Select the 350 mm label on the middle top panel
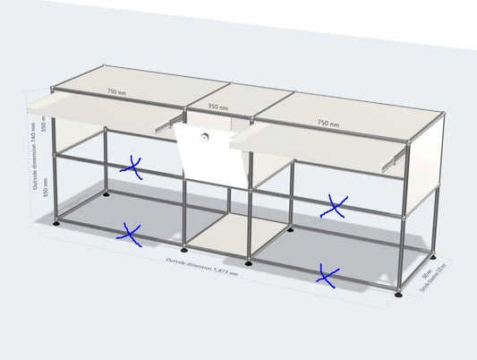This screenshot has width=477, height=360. pyautogui.click(x=218, y=107)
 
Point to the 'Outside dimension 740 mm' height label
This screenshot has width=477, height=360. pyautogui.click(x=35, y=157)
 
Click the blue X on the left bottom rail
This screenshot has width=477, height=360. pyautogui.click(x=130, y=235)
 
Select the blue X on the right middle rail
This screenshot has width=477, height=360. pyautogui.click(x=334, y=208)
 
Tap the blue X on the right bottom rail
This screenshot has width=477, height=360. pyautogui.click(x=328, y=277)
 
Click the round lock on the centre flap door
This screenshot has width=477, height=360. pyautogui.click(x=205, y=139)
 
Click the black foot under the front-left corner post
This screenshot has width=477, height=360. pyautogui.click(x=59, y=223)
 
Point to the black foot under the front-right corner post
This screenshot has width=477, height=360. pyautogui.click(x=399, y=293)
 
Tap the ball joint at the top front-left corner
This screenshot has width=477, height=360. pyautogui.click(x=53, y=88)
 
